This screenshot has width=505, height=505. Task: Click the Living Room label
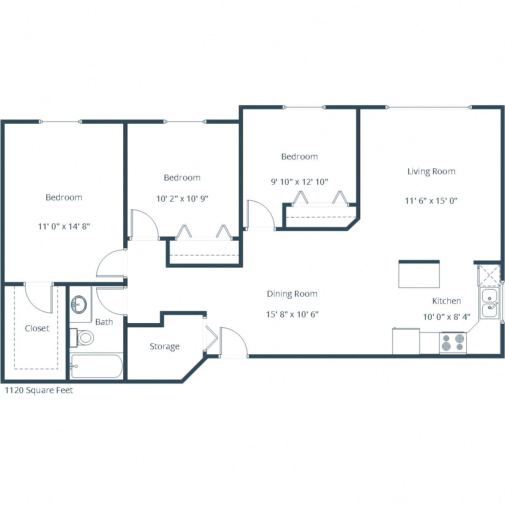tap(431, 171)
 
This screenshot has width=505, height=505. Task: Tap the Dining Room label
tap(292, 294)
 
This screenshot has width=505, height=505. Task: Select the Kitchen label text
tap(447, 301)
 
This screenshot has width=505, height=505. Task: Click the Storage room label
tap(165, 346)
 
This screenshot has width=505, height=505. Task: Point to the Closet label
tap(37, 328)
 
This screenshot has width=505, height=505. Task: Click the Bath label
tap(104, 322)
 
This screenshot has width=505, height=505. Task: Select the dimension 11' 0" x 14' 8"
tap(64, 226)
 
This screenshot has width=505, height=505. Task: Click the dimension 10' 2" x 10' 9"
tap(182, 199)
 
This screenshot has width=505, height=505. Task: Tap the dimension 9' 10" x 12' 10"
tap(299, 182)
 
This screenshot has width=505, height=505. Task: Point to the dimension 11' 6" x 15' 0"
tap(431, 201)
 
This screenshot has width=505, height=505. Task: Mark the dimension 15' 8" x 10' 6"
tap(292, 314)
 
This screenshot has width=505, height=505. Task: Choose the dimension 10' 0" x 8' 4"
tap(447, 317)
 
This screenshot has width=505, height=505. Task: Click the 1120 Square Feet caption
tap(39, 390)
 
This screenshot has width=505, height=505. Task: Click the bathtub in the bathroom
tap(96, 367)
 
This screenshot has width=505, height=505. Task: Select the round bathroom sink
tap(79, 303)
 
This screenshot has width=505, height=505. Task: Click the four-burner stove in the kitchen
tap(453, 343)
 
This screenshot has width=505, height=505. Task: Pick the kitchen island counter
tap(419, 274)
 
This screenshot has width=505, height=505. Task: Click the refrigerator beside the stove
tap(406, 341)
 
